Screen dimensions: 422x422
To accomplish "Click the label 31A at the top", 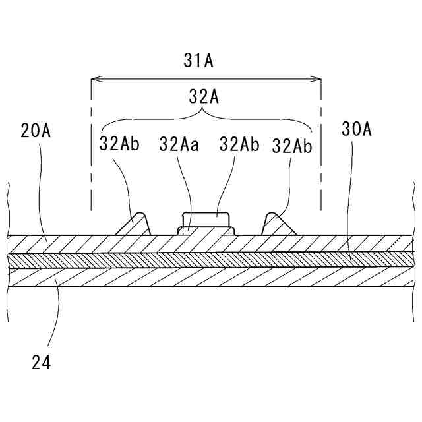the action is (198, 61).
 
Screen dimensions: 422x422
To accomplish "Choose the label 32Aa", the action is (178, 144).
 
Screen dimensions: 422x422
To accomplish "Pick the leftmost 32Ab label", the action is (119, 144).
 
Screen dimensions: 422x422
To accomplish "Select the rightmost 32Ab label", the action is (292, 145).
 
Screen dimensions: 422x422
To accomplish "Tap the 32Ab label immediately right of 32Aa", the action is (239, 144).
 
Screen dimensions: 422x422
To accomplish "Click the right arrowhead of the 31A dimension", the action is (318, 80).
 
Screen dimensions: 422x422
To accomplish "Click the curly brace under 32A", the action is (204, 119).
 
